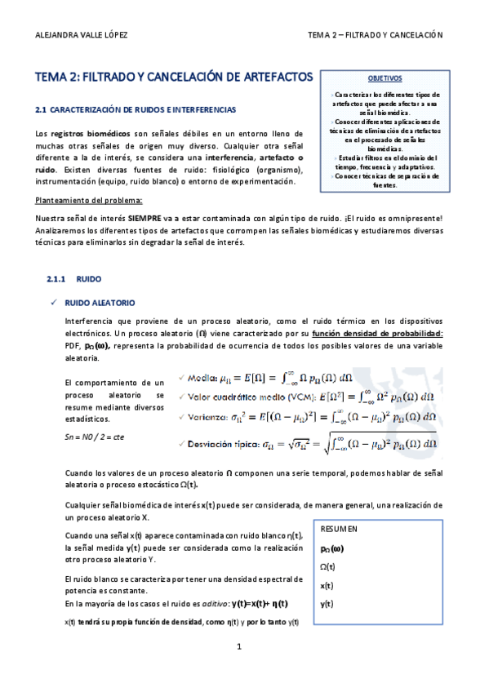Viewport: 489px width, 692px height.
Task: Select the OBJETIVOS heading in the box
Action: point(385,79)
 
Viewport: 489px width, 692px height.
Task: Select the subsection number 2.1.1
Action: point(61,278)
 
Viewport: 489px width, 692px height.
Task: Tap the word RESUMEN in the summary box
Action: point(339,529)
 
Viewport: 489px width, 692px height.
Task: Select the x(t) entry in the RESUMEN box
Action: point(327,585)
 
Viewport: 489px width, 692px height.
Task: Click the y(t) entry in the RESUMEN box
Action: point(327,604)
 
